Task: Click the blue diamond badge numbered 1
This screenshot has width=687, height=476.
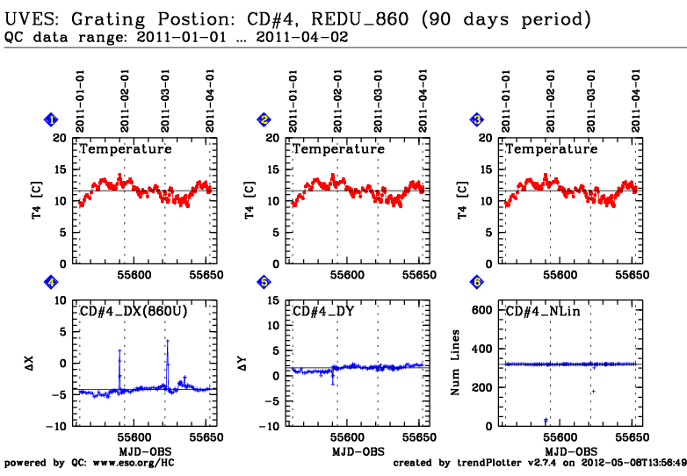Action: [x=51, y=120]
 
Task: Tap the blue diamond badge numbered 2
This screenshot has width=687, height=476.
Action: [x=264, y=120]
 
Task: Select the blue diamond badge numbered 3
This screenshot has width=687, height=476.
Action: [x=477, y=120]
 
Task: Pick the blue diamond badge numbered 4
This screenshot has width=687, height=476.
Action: [x=51, y=282]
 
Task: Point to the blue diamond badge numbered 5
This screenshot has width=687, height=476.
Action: [x=264, y=282]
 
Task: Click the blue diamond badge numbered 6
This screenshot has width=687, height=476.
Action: [x=477, y=282]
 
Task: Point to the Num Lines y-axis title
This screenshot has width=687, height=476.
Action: [x=456, y=364]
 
